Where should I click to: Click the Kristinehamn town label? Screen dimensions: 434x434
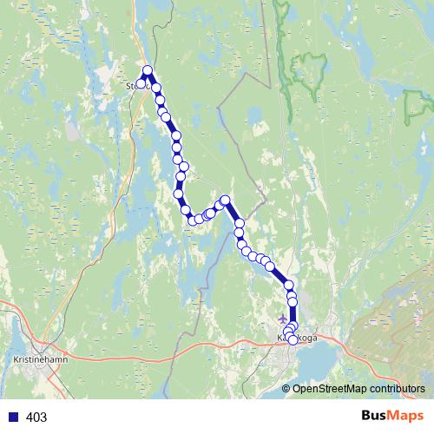coord(36,356)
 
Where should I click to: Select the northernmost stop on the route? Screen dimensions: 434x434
coord(148,70)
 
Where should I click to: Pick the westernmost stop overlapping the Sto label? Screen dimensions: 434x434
coord(140,84)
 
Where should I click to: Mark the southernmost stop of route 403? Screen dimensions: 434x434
coord(293,340)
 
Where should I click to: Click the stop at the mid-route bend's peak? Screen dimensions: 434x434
coord(225,201)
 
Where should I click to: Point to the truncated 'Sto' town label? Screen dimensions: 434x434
coord(132,86)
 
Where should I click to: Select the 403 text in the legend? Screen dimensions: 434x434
coord(36,418)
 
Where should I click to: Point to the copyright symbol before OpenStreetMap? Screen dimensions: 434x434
coord(286,389)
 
